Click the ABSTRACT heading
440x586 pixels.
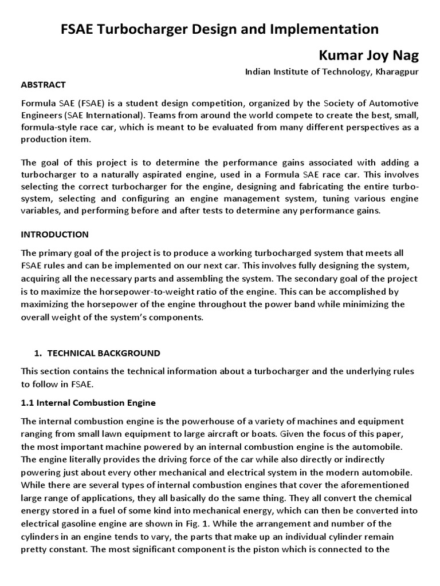click(x=43, y=85)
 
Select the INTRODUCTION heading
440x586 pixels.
click(x=54, y=235)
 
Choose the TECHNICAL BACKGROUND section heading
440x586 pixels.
click(x=103, y=353)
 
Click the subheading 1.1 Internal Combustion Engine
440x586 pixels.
click(x=88, y=403)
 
